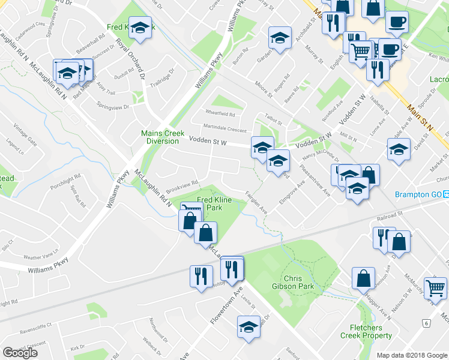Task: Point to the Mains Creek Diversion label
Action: point(160,137)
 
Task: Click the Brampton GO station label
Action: point(418,194)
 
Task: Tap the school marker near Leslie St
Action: point(248,327)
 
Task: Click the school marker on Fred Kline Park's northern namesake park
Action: point(140,28)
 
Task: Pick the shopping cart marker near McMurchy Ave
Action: point(435,287)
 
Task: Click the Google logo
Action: point(20,353)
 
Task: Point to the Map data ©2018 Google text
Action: point(412,355)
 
